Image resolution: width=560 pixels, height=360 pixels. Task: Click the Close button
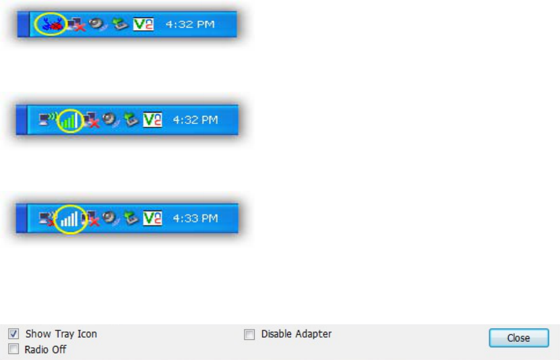(x=519, y=338)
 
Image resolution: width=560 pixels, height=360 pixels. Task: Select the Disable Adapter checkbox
(x=249, y=334)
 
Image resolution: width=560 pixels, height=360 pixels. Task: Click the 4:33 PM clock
(x=195, y=218)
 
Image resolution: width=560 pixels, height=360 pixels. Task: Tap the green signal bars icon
(x=69, y=121)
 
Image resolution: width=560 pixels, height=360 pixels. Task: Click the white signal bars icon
(x=69, y=218)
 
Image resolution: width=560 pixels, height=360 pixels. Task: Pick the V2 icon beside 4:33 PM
(x=154, y=218)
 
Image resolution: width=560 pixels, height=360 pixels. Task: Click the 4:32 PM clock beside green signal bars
(x=195, y=121)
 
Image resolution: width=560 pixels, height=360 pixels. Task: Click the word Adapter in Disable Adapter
(x=313, y=334)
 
